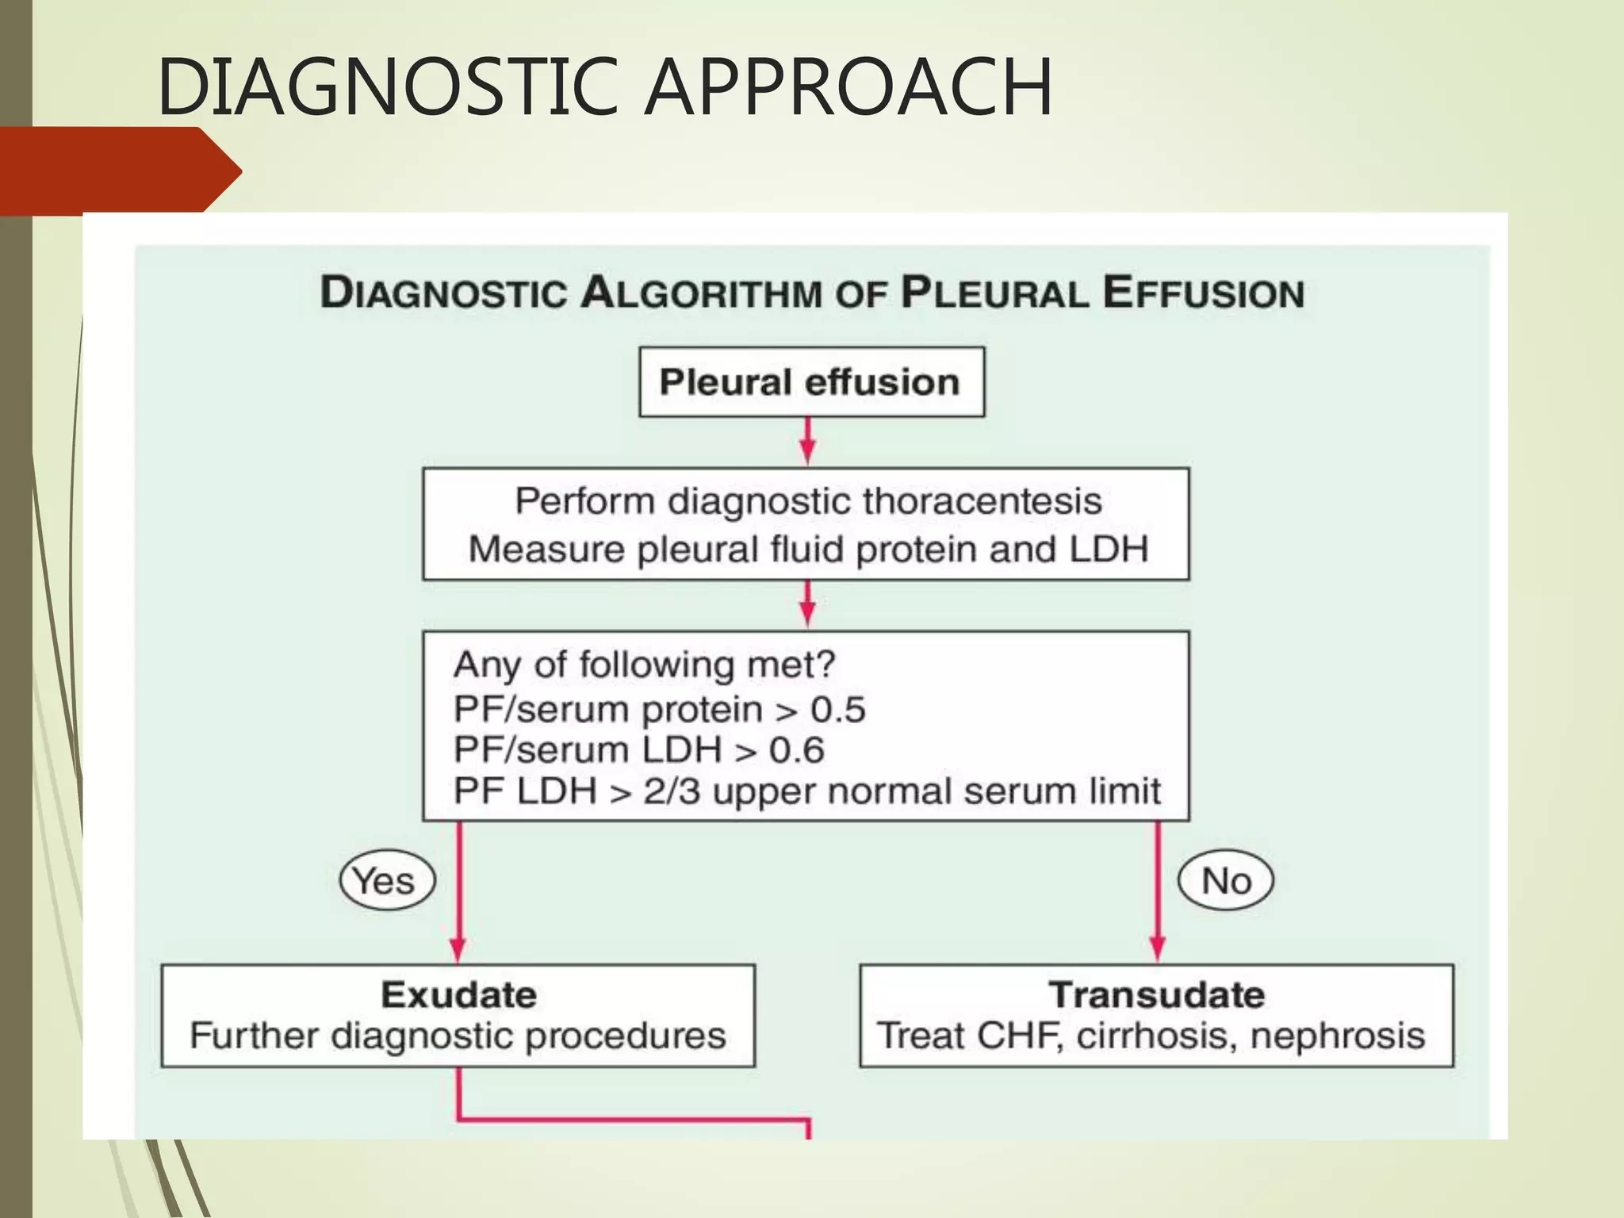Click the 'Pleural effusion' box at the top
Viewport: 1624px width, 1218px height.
(x=811, y=382)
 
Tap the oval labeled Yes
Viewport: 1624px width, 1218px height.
(x=387, y=881)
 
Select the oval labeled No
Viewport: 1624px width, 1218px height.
(x=1226, y=881)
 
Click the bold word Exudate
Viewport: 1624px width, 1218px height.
(x=459, y=995)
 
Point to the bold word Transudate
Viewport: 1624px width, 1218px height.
(x=1157, y=995)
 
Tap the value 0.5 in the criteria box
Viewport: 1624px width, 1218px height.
(x=837, y=710)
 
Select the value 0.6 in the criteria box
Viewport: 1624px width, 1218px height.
(x=796, y=750)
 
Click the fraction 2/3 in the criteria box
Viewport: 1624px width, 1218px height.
(x=672, y=791)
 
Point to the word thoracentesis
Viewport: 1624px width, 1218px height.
(x=982, y=501)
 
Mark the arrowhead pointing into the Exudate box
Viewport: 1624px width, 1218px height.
(x=458, y=949)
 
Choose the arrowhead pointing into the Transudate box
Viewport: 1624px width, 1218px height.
(x=1158, y=949)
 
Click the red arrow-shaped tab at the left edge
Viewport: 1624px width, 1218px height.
(x=119, y=170)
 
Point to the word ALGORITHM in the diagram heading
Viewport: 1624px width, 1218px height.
(x=701, y=293)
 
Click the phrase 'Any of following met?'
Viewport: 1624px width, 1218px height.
(x=644, y=665)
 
